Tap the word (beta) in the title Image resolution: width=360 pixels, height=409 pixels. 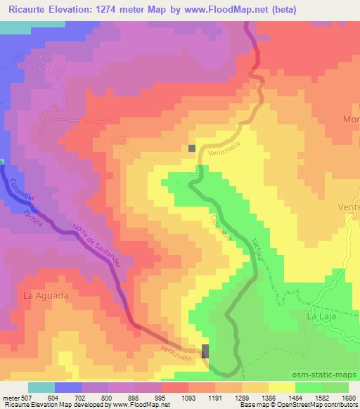(280, 10)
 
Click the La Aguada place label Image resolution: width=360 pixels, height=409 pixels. (46, 296)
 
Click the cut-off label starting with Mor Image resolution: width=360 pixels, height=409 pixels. (351, 119)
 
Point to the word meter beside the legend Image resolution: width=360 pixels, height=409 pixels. (13, 397)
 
